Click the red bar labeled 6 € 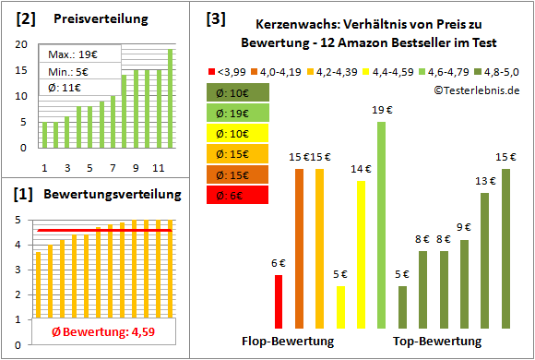(x=278, y=301)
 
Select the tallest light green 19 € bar (x=382, y=225)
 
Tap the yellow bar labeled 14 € (x=361, y=254)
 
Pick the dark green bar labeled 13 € (x=484, y=260)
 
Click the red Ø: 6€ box (x=238, y=195)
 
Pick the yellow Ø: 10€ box (x=238, y=133)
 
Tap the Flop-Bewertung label (x=288, y=342)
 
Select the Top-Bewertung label (x=437, y=342)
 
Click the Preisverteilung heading (x=91, y=18)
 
